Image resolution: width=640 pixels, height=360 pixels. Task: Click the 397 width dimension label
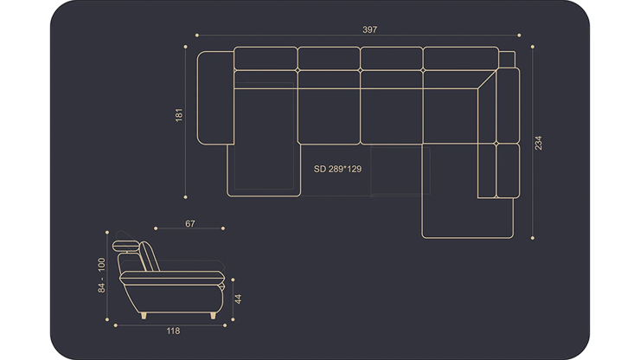[x=370, y=29]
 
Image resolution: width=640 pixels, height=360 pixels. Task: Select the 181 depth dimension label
[x=179, y=115]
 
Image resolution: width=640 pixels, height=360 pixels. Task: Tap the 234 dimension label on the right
[x=538, y=143]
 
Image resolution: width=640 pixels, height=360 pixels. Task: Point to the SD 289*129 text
[x=337, y=169]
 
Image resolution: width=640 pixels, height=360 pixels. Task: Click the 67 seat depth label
[x=190, y=223]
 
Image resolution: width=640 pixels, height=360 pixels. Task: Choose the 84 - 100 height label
[x=101, y=275]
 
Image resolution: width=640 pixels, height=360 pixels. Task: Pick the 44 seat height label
[x=238, y=299]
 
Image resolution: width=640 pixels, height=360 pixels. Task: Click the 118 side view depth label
[x=173, y=331]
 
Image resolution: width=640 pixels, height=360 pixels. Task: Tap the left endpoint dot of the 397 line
[x=197, y=35]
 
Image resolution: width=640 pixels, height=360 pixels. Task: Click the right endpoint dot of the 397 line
[x=519, y=35]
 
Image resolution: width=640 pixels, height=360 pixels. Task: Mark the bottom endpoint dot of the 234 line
[x=533, y=238]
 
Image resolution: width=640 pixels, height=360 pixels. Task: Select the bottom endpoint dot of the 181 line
[x=185, y=197]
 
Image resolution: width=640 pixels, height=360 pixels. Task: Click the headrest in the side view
[x=125, y=246]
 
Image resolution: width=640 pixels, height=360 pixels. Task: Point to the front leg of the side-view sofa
[x=213, y=316]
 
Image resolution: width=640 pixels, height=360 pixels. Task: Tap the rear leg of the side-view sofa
[x=144, y=316]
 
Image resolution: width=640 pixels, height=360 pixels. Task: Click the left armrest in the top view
[x=215, y=98]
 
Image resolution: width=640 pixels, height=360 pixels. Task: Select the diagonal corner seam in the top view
[x=487, y=80]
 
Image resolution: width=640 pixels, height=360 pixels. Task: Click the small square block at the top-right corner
[x=507, y=60]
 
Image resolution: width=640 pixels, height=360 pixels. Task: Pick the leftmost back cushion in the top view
[x=266, y=59]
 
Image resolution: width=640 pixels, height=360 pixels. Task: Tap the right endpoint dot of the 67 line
[x=223, y=228]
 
